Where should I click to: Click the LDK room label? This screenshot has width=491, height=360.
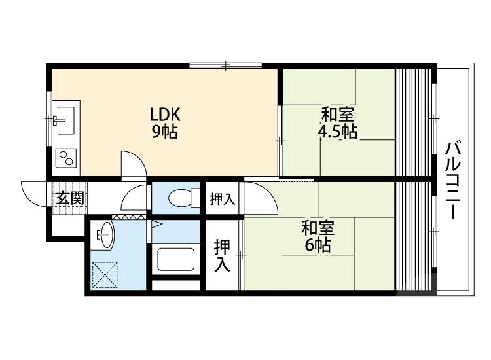[165, 115]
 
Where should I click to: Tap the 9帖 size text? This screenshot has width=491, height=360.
[165, 132]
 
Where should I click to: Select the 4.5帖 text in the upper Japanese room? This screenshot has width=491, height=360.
[338, 132]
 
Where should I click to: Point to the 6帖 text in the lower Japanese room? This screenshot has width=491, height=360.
[318, 245]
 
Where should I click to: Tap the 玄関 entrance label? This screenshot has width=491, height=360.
[70, 198]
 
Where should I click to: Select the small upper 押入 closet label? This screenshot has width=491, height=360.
[223, 199]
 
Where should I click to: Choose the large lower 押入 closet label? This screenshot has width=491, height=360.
[223, 255]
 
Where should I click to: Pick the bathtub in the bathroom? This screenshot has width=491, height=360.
[175, 259]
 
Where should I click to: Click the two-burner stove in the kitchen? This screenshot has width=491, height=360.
[66, 158]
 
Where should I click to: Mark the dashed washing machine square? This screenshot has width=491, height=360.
[105, 275]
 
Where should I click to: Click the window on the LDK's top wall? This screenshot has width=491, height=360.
[226, 65]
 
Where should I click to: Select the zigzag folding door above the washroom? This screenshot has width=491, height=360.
[129, 217]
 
